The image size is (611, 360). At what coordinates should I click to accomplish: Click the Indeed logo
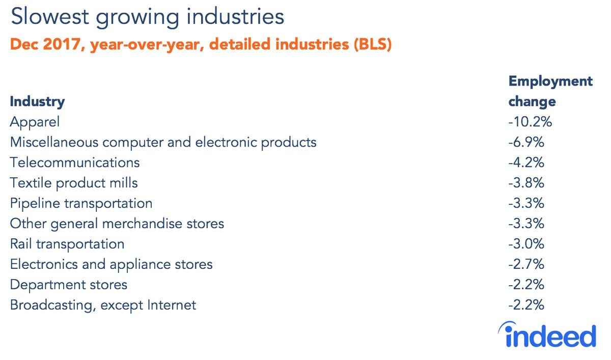pos(547,335)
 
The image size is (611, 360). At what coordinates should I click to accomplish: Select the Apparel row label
pos(35,122)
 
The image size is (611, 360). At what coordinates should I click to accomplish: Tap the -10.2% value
pos(530,122)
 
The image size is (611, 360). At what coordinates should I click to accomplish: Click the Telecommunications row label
pos(75,162)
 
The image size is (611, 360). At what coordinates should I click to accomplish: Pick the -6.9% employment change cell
pos(526,142)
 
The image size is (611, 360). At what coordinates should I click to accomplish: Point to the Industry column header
pos(37,102)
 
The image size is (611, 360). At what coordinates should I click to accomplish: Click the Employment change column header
pos(550,91)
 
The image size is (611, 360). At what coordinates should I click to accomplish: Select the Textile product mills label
pos(74,183)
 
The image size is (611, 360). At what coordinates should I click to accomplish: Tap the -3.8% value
pos(526,183)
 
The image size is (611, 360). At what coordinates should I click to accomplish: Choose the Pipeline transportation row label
pos(81,204)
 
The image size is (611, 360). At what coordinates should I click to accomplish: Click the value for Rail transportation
pos(526,244)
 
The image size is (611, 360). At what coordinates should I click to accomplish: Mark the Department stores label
pos(68,285)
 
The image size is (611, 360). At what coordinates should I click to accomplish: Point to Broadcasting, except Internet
pos(103,305)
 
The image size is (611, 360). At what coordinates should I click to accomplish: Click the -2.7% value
pos(526,264)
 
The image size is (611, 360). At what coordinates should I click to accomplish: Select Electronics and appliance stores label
pos(111,265)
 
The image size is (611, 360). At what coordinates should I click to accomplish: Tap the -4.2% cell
pos(526,162)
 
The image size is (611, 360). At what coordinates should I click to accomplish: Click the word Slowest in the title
pos(50,17)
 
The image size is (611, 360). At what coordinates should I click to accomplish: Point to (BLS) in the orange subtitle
pos(373,44)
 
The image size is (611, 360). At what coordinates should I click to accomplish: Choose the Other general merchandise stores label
pos(117,224)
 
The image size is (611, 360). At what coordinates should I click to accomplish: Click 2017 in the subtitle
pos(62,44)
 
